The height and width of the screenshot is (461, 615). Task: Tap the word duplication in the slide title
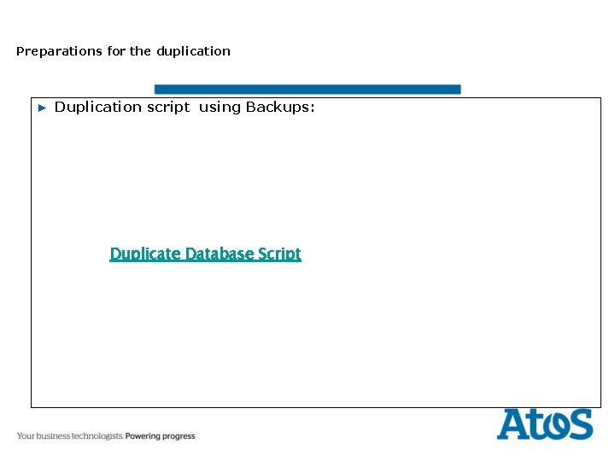(x=193, y=51)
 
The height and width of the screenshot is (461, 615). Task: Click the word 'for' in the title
(x=116, y=51)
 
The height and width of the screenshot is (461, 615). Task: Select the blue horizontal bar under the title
(x=307, y=89)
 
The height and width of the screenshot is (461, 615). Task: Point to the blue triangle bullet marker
(x=41, y=108)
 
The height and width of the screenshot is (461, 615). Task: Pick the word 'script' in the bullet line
(x=168, y=108)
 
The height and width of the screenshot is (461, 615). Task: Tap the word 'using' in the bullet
(x=220, y=108)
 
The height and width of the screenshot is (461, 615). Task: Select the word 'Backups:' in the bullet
(x=281, y=108)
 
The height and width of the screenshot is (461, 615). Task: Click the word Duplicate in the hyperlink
(x=145, y=254)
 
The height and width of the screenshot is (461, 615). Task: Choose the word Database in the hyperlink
(x=220, y=254)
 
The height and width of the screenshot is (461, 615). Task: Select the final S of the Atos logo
(x=580, y=424)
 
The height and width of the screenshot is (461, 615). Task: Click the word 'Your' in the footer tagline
(x=26, y=436)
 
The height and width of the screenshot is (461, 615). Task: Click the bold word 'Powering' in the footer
(x=146, y=436)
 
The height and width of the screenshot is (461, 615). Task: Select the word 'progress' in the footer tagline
(x=181, y=436)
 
